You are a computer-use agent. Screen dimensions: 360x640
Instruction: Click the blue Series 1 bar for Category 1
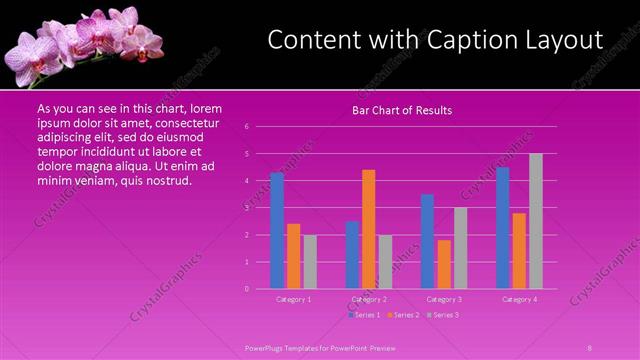pos(277,231)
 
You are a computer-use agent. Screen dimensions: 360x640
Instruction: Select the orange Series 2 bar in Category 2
pos(369,229)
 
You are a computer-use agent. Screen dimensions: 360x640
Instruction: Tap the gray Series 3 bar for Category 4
pos(536,221)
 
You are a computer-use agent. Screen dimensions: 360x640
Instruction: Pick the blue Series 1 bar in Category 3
pos(428,242)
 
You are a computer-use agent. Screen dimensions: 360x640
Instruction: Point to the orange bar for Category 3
pos(444,264)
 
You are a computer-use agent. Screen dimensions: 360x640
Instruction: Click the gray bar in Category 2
pos(385,262)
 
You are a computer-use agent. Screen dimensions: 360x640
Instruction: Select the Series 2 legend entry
pos(404,315)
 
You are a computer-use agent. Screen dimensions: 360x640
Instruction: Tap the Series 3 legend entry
pos(442,315)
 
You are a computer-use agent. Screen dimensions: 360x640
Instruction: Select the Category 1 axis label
pos(294,299)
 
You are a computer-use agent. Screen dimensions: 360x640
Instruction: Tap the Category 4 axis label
pos(520,299)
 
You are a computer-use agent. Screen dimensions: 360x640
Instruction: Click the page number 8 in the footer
pos(590,348)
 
